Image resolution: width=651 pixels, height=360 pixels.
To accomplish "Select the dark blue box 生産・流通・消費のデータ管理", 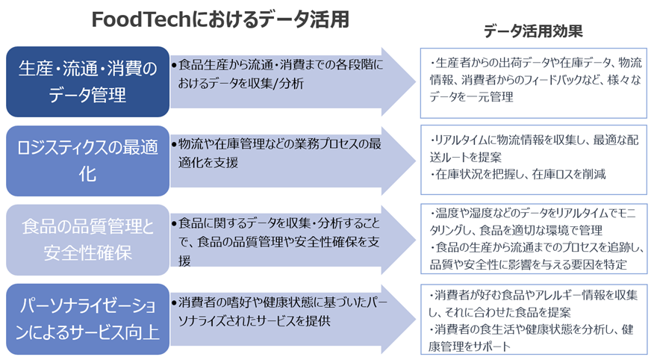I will pos(87,81).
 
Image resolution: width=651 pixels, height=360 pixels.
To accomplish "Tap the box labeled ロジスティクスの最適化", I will pos(87,161).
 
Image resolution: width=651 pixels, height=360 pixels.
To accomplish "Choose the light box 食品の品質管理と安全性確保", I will pos(87,240).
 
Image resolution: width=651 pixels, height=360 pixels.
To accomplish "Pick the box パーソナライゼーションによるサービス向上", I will pos(87,318).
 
